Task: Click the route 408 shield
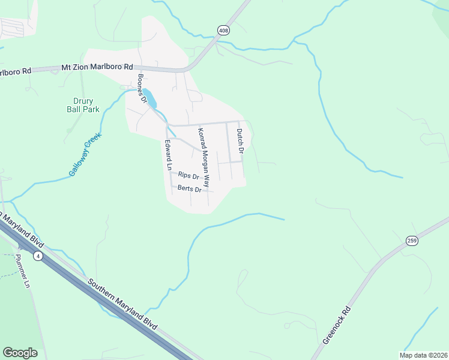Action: [223, 30]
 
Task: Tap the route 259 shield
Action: [412, 240]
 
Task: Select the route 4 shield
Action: [38, 256]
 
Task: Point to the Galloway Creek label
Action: [85, 154]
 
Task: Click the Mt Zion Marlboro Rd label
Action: [97, 67]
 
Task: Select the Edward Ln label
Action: [168, 154]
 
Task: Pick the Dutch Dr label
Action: [240, 140]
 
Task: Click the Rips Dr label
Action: [188, 176]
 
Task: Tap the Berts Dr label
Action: [189, 189]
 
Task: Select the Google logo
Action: [20, 353]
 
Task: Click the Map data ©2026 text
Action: [423, 355]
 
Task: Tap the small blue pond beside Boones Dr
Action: [150, 99]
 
